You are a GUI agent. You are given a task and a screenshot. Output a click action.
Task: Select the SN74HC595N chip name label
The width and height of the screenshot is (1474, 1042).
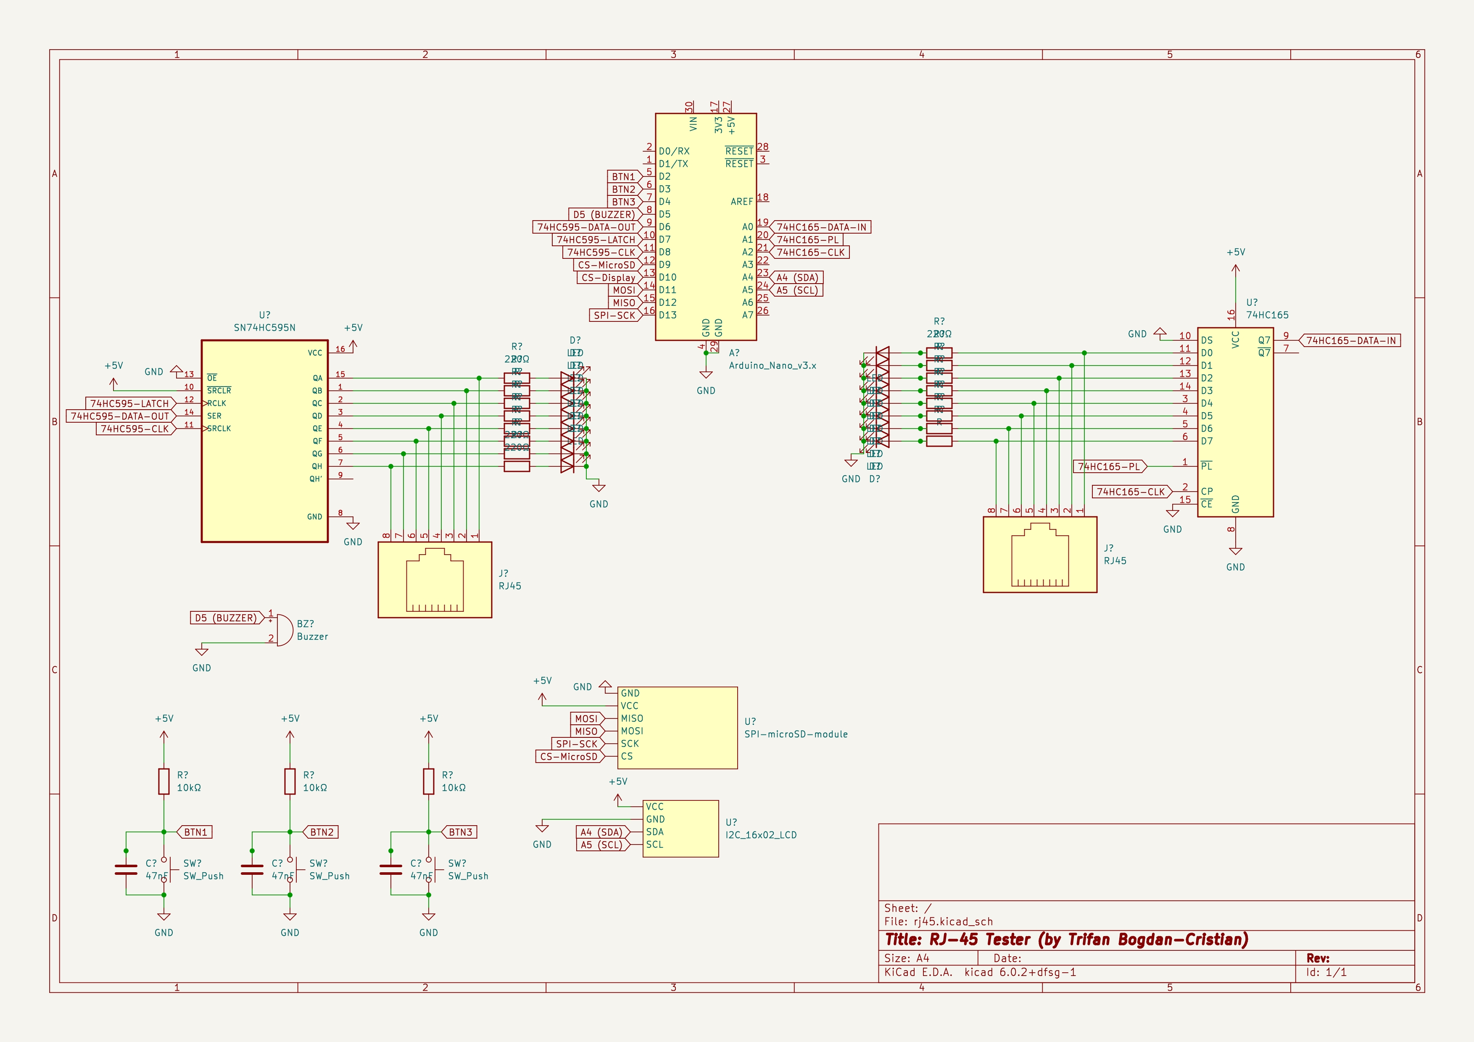pyautogui.click(x=264, y=328)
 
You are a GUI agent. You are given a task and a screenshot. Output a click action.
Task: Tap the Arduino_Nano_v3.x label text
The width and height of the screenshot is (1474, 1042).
pyautogui.click(x=773, y=366)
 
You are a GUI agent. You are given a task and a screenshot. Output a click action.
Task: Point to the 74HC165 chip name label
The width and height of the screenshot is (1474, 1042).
pyautogui.click(x=1267, y=315)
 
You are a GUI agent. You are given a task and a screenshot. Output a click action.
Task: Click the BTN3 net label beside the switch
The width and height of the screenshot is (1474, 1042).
pyautogui.click(x=460, y=832)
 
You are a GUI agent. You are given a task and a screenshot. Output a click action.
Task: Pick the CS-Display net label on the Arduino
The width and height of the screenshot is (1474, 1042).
pyautogui.click(x=607, y=278)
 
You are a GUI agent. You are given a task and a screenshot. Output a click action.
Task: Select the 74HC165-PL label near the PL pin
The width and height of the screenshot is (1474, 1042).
pyautogui.click(x=1109, y=466)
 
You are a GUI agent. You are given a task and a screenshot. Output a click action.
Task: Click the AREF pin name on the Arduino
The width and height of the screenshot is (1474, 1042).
pyautogui.click(x=741, y=202)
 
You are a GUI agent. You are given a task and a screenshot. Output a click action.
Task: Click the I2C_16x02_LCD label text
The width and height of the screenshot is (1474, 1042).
pyautogui.click(x=761, y=835)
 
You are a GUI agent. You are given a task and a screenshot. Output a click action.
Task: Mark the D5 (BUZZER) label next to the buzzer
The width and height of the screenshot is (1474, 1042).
pyautogui.click(x=225, y=618)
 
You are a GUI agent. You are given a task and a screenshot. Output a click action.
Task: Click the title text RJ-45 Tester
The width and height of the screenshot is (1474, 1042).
pyautogui.click(x=1066, y=939)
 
